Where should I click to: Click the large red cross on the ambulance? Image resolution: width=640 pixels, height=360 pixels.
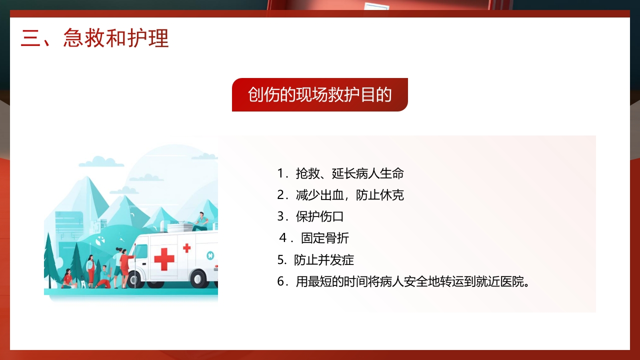(164, 259)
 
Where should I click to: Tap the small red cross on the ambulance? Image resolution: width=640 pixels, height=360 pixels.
(186, 248)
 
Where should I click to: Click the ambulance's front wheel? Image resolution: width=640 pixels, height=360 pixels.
(135, 279)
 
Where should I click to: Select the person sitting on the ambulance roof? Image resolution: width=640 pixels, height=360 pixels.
(201, 221)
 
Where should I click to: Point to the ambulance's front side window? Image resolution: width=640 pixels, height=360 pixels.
(141, 251)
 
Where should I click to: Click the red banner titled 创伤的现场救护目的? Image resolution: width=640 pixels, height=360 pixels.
(319, 94)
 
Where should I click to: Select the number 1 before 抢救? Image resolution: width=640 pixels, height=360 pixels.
(280, 173)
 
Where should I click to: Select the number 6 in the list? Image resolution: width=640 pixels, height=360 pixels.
(280, 281)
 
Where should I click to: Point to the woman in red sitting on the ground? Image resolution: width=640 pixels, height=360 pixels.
(67, 279)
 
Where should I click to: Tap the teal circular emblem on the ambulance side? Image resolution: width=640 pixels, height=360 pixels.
(210, 255)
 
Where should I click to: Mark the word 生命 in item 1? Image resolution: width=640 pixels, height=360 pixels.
(392, 173)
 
